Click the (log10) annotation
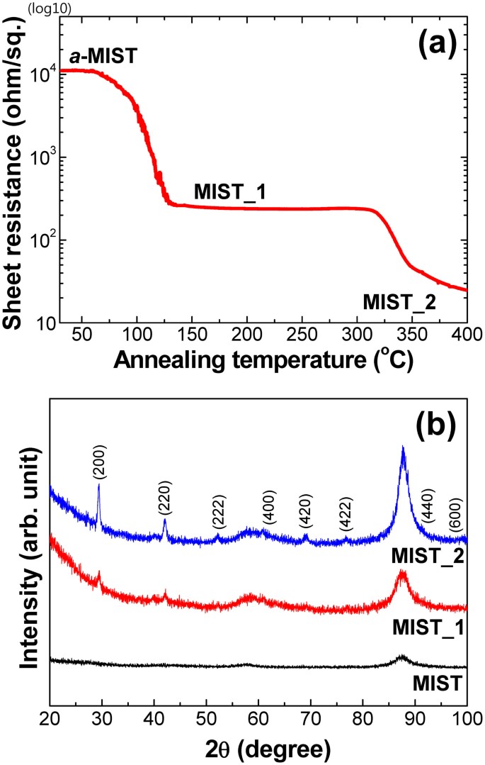[x=24, y=9]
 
